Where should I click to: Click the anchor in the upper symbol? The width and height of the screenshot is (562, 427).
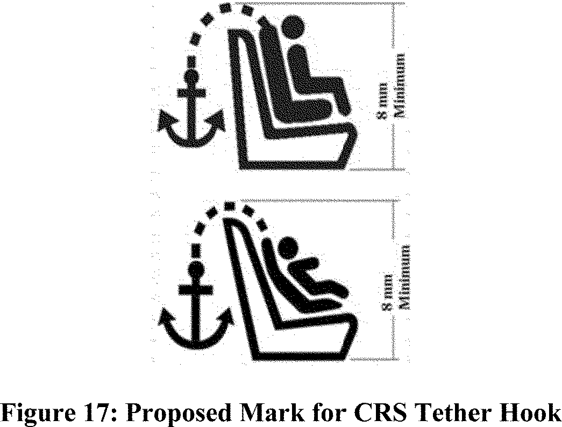click(190, 116)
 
